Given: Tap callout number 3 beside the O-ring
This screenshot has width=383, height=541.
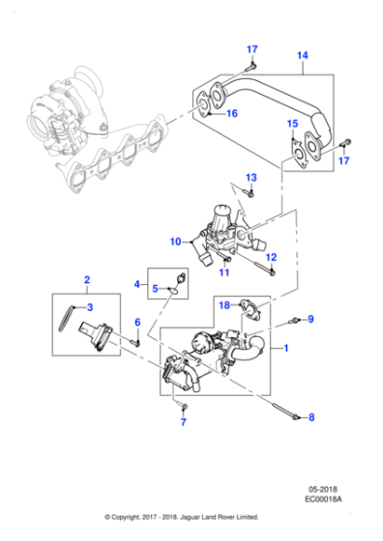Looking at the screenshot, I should (89, 307).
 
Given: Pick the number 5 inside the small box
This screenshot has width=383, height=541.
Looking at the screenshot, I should (156, 288).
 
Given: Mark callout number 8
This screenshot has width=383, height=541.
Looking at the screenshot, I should (311, 418).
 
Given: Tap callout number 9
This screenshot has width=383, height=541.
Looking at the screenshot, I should (310, 318).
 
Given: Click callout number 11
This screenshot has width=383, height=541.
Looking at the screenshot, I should (223, 272).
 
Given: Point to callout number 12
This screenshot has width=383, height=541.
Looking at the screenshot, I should (272, 257).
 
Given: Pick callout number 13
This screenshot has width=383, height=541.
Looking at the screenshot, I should (250, 179).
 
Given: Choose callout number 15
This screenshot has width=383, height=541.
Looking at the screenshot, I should (292, 125).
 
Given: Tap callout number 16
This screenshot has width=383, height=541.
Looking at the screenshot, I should (231, 114).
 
